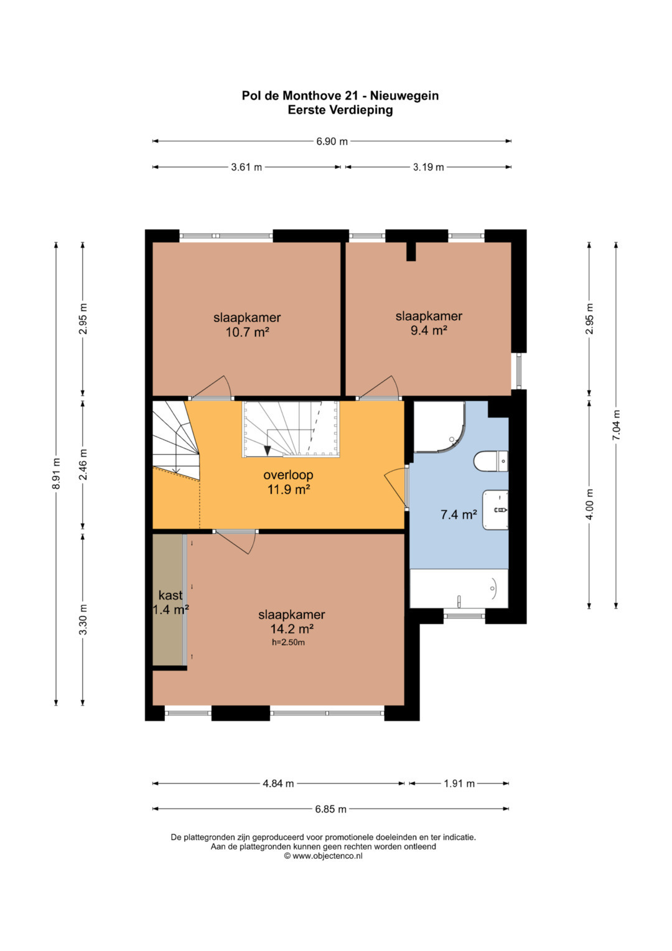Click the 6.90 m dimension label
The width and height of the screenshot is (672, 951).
point(332,141)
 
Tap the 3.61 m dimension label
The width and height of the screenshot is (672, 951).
point(246,168)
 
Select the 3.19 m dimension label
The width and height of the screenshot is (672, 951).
point(429,168)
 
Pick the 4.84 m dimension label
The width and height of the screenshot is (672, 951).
point(278,783)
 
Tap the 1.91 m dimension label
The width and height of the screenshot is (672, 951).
point(459,783)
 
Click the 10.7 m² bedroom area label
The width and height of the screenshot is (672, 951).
point(248,332)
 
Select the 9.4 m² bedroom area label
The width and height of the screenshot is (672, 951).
point(429,330)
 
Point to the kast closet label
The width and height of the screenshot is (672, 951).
point(170,595)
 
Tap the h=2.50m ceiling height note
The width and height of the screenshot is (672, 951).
point(289,642)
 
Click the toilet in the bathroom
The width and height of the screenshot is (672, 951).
point(491,461)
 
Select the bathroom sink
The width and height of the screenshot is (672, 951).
point(495,510)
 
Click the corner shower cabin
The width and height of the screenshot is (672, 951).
point(439,426)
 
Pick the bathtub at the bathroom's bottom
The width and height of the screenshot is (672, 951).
point(459,589)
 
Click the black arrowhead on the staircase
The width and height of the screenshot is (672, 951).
point(268,451)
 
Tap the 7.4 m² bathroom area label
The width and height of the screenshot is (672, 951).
point(459,514)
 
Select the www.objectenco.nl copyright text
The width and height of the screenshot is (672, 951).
point(324,856)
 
